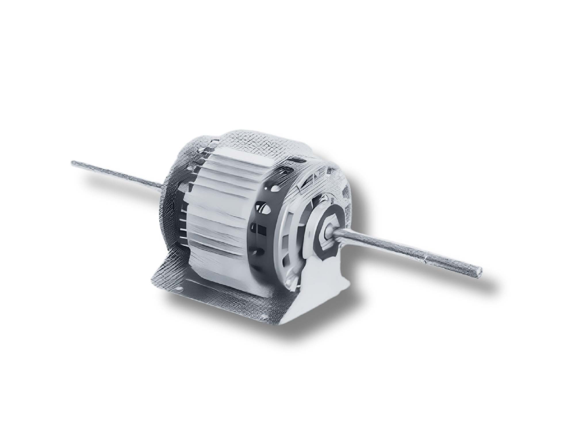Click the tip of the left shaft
pyautogui.click(x=73, y=163)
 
